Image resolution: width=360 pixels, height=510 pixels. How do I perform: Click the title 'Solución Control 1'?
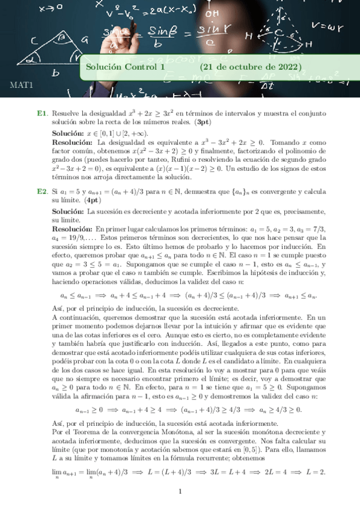[125, 67]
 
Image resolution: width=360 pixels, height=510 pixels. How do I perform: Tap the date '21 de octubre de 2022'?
[251, 67]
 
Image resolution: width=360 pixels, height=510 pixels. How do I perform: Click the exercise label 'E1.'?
[42, 113]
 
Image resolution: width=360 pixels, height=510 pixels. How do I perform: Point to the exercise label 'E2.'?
[42, 191]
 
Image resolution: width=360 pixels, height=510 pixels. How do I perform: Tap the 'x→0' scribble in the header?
[51, 9]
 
